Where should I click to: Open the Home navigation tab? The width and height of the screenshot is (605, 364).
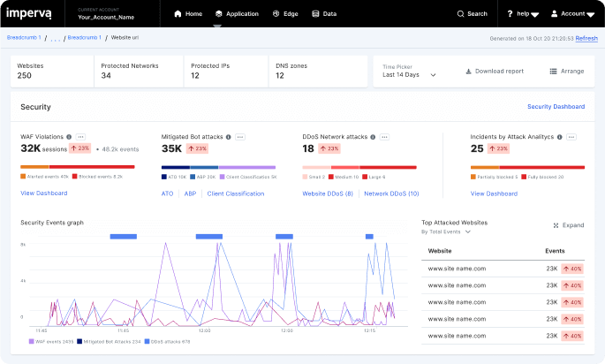[188, 14]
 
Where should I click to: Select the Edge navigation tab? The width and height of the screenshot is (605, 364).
[285, 14]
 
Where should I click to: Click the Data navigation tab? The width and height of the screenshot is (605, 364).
[324, 14]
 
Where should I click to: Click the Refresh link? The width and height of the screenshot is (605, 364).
[586, 39]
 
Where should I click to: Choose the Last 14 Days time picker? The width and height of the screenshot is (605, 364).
[409, 75]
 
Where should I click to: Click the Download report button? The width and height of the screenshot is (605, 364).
[494, 72]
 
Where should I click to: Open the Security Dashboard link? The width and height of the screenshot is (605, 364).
[556, 107]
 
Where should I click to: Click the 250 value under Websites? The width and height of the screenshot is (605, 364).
[25, 76]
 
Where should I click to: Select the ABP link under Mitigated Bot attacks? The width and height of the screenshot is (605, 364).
[190, 193]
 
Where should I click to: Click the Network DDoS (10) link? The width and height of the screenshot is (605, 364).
[391, 193]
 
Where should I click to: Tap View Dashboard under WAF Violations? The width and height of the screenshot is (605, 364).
[44, 193]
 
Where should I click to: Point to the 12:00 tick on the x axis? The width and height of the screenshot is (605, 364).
[204, 330]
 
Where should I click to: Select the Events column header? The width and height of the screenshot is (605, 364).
[556, 251]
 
